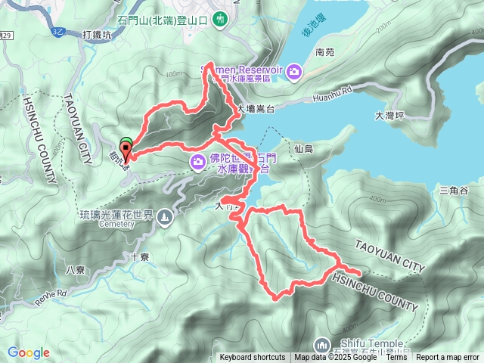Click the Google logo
(29, 352)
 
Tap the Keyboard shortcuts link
(253, 358)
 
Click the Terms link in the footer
(396, 358)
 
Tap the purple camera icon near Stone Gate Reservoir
(294, 71)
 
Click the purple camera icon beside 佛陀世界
(197, 160)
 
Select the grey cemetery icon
(164, 218)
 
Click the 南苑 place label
(324, 53)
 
